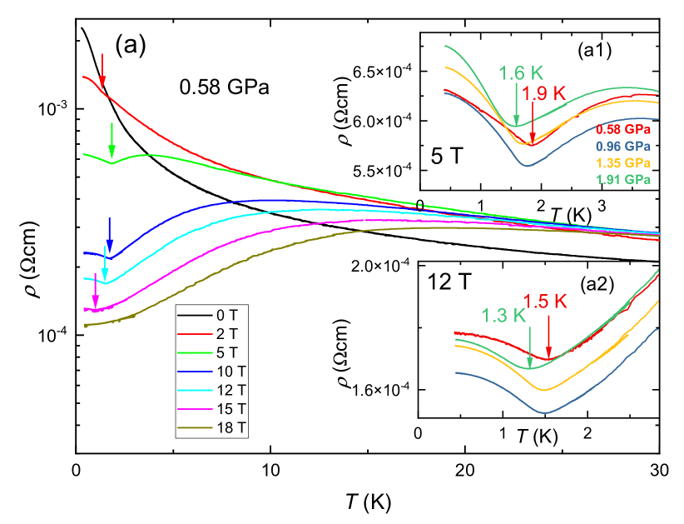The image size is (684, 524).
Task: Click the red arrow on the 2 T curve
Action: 102,72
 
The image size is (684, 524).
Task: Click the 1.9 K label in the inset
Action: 544,92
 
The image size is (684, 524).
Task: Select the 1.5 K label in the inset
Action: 545,302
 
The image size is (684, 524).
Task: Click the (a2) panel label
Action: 596,285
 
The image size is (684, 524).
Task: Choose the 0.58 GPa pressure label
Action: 622,130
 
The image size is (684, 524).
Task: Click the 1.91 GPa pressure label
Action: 622,179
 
